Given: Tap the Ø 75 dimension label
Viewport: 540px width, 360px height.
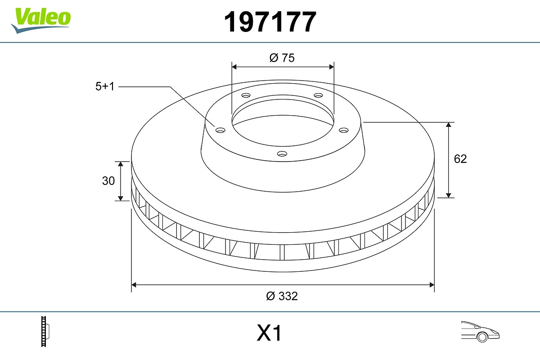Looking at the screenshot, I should [282, 58].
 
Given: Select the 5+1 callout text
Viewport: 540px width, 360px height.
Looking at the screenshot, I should [105, 86].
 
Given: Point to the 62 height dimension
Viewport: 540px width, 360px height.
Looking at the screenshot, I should [460, 159].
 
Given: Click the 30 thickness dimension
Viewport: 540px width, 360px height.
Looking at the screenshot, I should [108, 181].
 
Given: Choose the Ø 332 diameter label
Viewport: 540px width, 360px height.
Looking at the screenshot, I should [282, 296].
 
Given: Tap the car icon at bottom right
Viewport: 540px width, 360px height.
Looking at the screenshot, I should [480, 331].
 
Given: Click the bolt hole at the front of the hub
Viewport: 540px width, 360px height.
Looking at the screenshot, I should [282, 154].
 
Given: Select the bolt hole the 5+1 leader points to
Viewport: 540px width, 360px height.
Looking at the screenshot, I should [220, 130].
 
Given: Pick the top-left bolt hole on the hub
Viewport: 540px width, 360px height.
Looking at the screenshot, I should [246, 95].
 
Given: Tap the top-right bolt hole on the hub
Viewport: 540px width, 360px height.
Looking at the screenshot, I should [318, 95].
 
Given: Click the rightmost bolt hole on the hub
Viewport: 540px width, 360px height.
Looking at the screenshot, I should [343, 130].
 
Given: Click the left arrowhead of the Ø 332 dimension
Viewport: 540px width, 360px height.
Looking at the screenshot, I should [134, 284].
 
